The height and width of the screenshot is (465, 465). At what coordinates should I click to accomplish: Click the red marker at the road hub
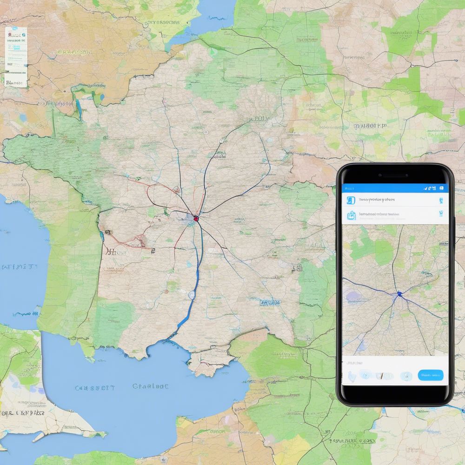(196, 218)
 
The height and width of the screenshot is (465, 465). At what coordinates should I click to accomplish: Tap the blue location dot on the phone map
(399, 294)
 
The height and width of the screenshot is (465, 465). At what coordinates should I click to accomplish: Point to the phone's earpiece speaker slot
(394, 176)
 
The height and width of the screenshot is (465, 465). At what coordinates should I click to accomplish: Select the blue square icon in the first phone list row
(351, 200)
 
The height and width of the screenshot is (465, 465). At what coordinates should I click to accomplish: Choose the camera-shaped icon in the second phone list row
(351, 215)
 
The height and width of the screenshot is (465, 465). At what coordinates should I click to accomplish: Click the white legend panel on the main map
(16, 57)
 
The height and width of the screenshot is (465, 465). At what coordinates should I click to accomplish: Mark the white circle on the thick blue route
(192, 294)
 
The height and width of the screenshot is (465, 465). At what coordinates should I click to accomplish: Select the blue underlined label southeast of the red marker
(270, 303)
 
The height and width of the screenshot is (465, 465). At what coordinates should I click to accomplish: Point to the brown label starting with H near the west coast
(116, 253)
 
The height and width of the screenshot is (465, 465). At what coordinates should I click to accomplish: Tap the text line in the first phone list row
(376, 200)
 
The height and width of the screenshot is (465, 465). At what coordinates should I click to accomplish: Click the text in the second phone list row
(379, 215)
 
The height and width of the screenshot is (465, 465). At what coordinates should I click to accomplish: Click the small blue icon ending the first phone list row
(441, 200)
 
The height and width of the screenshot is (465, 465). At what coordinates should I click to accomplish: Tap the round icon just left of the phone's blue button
(406, 375)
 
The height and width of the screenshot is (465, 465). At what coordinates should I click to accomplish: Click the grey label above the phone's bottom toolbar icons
(353, 363)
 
